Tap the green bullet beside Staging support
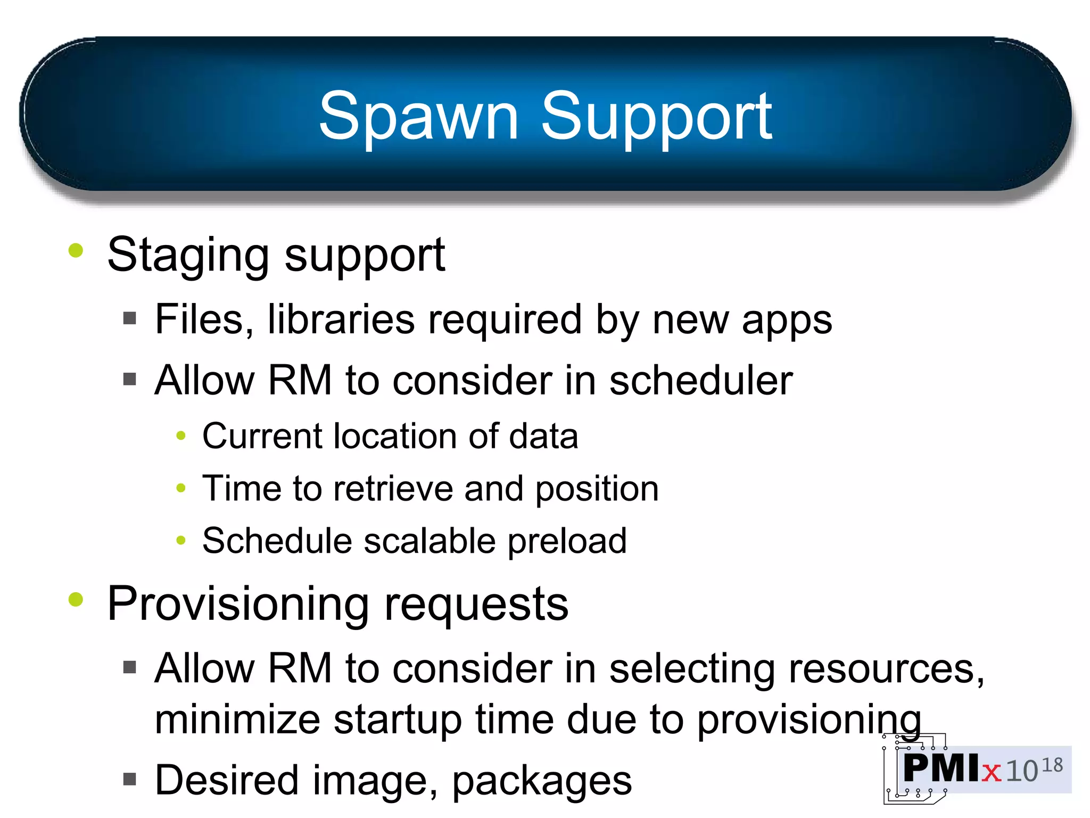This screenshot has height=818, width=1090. (76, 250)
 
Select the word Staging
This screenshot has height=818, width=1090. (188, 256)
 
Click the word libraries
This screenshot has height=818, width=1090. (341, 320)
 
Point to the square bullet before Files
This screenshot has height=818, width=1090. (129, 318)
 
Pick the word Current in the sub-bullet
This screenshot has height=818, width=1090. (261, 436)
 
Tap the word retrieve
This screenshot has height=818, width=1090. (393, 489)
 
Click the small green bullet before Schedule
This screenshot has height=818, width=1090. (181, 541)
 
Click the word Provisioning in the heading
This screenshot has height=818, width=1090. (237, 604)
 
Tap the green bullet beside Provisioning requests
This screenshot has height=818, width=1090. (76, 599)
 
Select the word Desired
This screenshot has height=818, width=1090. (227, 781)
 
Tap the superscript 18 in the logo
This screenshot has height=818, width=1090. (1052, 766)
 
